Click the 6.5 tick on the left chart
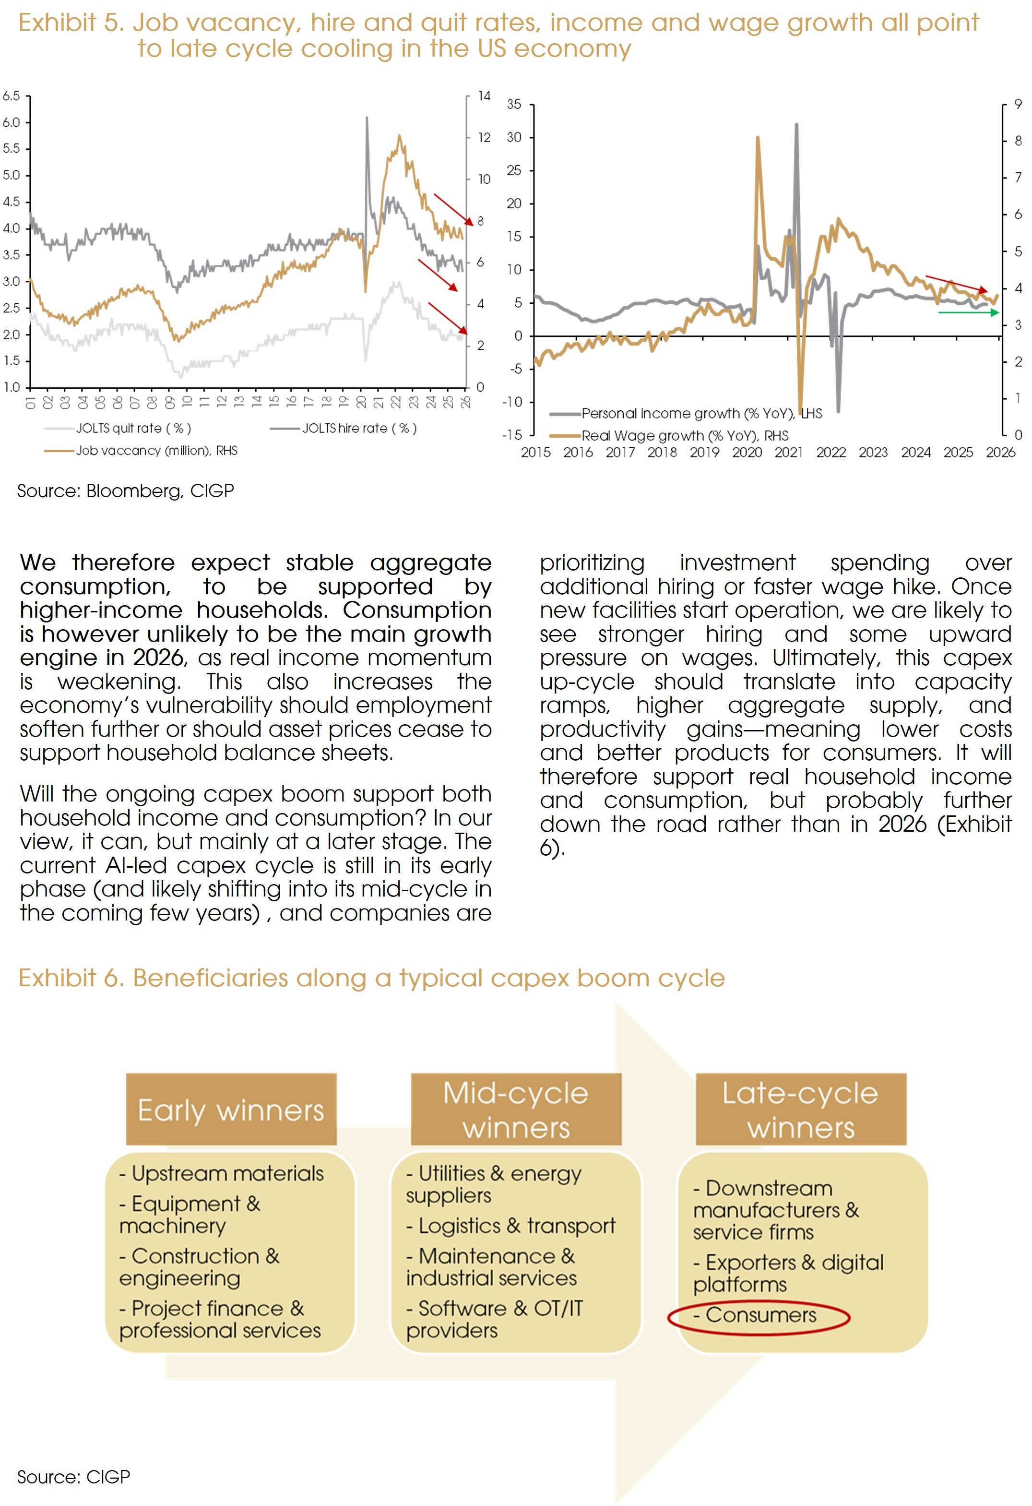click(11, 96)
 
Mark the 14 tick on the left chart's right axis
click(484, 96)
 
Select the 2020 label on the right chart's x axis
click(747, 452)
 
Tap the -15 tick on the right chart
click(512, 435)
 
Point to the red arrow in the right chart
click(956, 284)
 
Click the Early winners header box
click(231, 1110)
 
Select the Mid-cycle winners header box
click(516, 1110)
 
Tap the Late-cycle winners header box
click(801, 1110)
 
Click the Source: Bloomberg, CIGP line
click(126, 491)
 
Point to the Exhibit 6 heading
click(371, 978)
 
